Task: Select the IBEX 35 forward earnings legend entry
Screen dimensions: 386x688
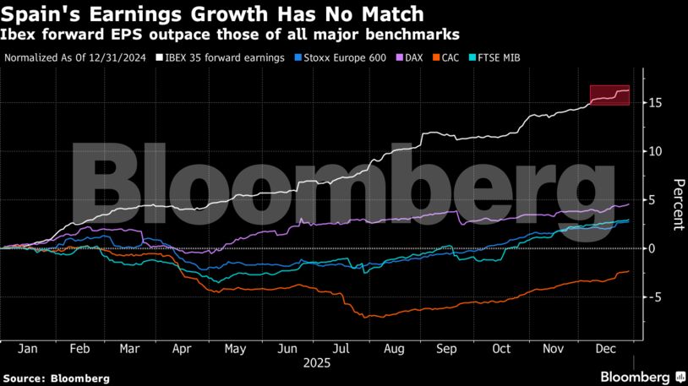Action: pos(237,58)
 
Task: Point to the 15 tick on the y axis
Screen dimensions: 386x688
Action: pos(656,103)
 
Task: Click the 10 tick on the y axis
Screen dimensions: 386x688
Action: pos(656,151)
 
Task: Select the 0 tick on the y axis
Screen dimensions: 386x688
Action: pos(652,248)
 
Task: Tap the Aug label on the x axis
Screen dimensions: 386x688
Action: pos(393,348)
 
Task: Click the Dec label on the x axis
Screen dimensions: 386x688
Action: pos(606,348)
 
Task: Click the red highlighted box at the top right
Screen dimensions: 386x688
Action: pos(609,95)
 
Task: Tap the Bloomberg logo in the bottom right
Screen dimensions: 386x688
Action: pos(642,376)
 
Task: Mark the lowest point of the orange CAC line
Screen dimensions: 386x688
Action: pos(365,318)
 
